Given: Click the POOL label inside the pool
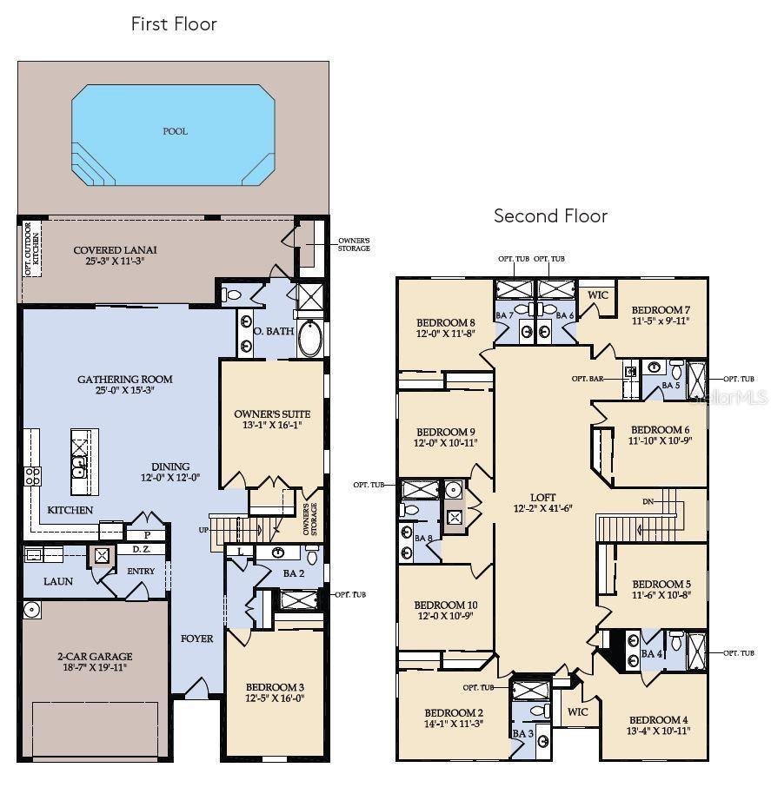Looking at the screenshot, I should (x=175, y=131).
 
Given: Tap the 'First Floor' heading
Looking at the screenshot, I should (x=174, y=24).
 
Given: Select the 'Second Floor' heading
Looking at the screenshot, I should (x=550, y=215).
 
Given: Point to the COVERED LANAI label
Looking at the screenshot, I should (x=116, y=250).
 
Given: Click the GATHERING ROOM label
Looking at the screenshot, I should (x=124, y=379).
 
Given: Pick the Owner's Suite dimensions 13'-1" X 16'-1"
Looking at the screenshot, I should (x=272, y=426).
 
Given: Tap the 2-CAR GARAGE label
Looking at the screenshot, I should (x=95, y=656).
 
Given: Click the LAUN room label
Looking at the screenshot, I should (x=58, y=581).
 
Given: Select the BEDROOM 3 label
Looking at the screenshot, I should (x=275, y=686).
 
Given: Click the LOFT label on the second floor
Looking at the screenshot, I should (x=543, y=497).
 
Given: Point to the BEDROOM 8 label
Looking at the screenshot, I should (x=445, y=321).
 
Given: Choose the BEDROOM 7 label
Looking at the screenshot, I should (x=661, y=310).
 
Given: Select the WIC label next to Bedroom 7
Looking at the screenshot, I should (x=597, y=294).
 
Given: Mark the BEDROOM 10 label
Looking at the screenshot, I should (x=445, y=605).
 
